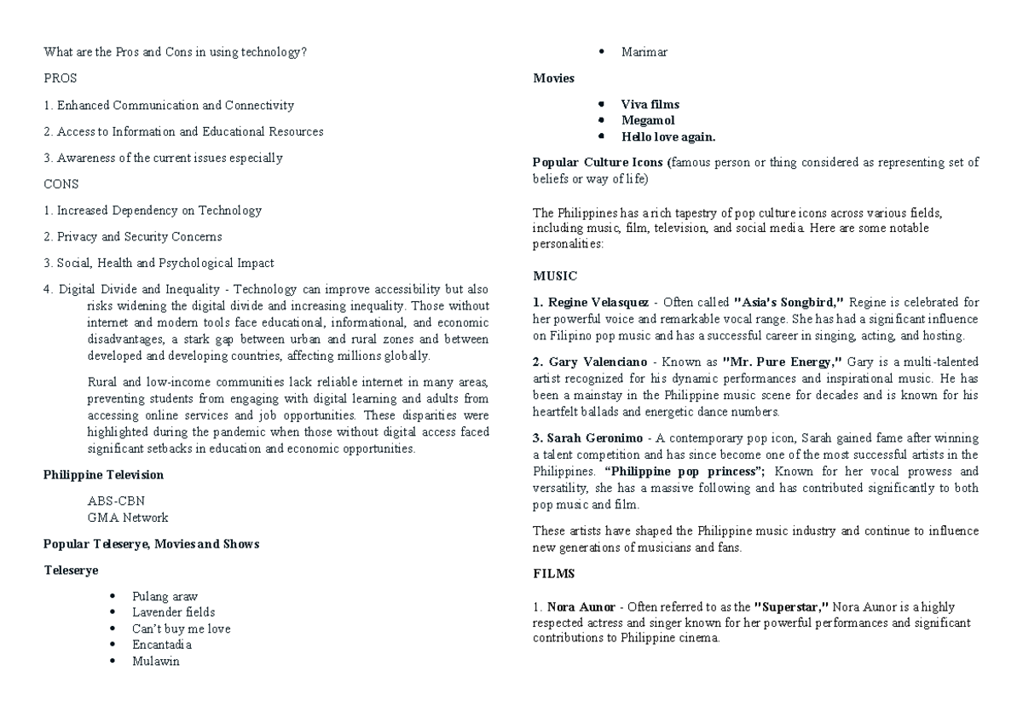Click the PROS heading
coord(60,78)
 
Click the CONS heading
coord(61,183)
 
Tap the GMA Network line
coord(127,517)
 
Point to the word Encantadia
coord(162,645)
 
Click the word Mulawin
coord(156,661)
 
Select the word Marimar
coord(644,52)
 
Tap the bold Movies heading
coord(553,78)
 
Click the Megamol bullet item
coord(647,120)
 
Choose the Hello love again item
coord(668,136)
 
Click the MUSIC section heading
coord(555,275)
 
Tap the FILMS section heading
coord(553,574)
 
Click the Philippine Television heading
coord(103,474)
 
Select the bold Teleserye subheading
coord(71,570)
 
